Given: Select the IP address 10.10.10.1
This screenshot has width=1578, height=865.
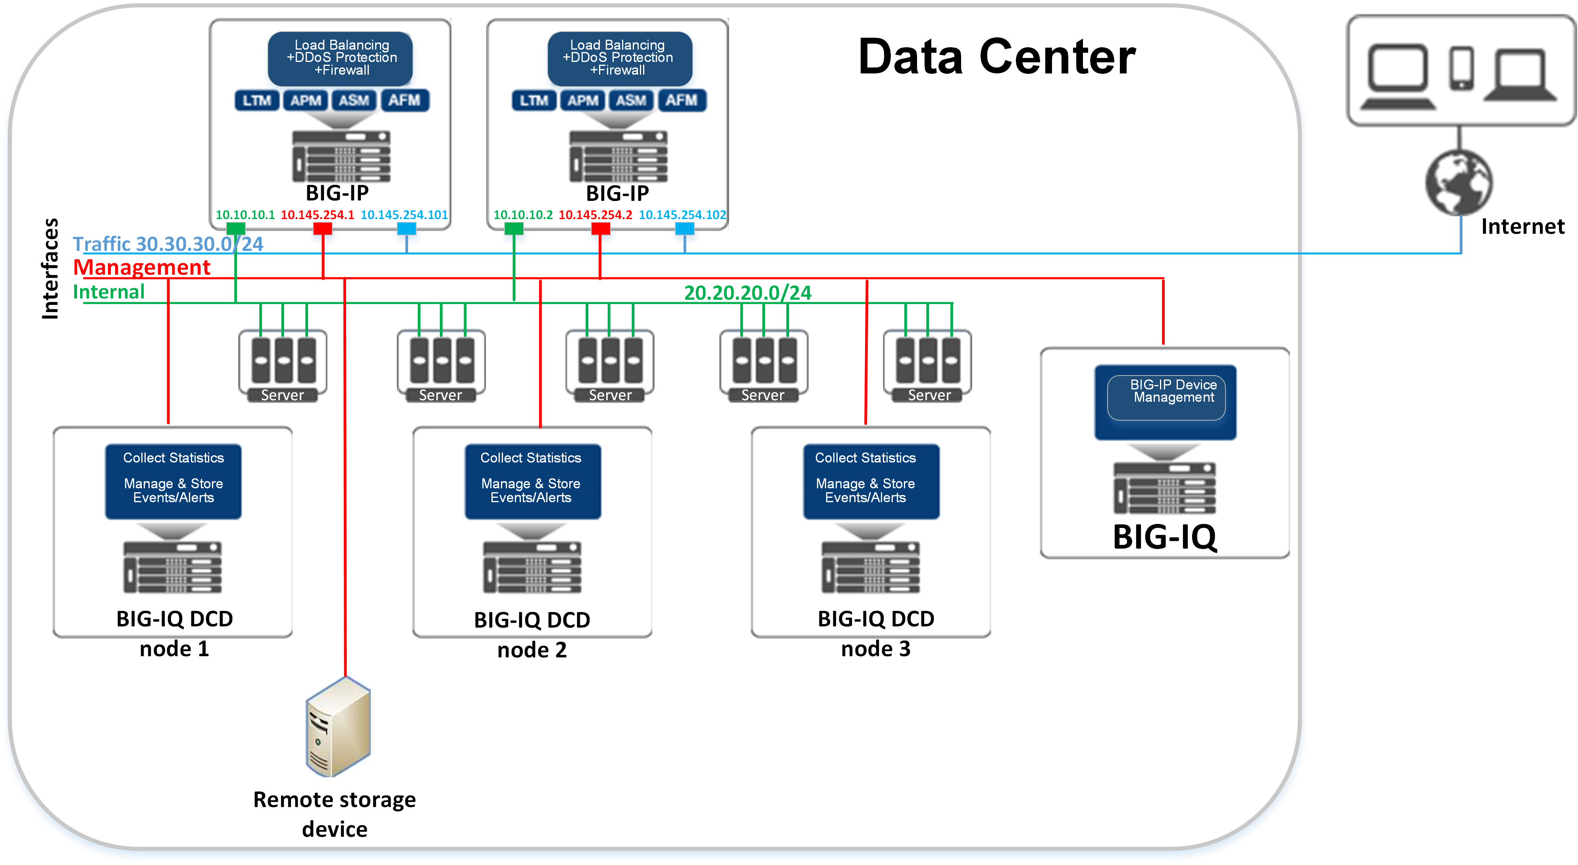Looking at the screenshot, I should [245, 215].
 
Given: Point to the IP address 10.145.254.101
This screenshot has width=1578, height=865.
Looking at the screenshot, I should [404, 215].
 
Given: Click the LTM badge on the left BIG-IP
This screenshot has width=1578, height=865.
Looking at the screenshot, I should [257, 100].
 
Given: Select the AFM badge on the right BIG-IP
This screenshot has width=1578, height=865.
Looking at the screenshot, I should [681, 100].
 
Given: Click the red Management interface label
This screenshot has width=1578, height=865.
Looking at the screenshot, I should [141, 268].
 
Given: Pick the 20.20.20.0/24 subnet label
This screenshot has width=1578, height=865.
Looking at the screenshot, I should [748, 293].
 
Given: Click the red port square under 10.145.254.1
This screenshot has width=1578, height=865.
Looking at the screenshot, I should [322, 229].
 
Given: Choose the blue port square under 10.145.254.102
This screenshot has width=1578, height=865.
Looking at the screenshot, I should [684, 229].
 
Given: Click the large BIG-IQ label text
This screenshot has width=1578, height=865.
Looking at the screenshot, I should [1164, 537].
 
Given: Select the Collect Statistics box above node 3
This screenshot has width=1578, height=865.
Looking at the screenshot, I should [871, 481].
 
